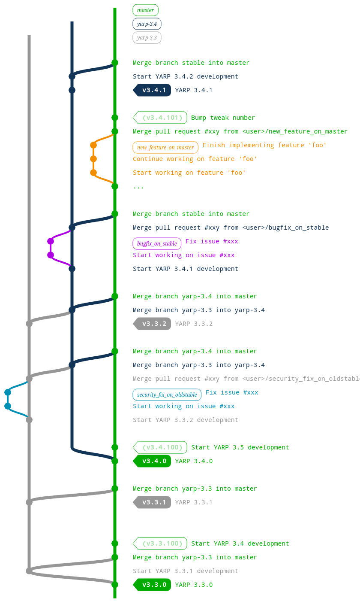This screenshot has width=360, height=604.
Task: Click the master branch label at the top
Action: pos(145,10)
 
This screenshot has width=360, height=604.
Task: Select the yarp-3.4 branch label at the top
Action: pos(147,24)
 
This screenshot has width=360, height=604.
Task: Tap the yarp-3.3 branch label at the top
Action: pos(147,37)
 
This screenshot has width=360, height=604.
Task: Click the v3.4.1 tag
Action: pos(153,90)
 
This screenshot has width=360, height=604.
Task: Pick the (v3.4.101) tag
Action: pos(160,118)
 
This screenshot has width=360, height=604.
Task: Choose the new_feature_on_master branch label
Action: pos(165,147)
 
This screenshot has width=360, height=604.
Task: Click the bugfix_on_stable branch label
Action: pos(157,243)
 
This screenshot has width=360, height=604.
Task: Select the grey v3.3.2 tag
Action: pos(153,324)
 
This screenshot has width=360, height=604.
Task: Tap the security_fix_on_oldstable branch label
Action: pos(167,395)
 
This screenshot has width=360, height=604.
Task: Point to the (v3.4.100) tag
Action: pos(160,447)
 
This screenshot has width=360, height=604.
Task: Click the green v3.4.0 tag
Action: pos(153,461)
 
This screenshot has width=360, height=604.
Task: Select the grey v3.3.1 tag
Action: pos(153,502)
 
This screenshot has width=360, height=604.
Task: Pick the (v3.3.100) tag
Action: pos(160,543)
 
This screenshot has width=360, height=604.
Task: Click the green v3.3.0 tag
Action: pos(153,585)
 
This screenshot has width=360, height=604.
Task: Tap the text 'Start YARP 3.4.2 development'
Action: pos(185,76)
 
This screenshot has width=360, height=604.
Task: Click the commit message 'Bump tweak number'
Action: pos(223,118)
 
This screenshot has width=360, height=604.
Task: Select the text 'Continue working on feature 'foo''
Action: pos(195,159)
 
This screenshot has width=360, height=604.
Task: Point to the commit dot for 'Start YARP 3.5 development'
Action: pos(115,447)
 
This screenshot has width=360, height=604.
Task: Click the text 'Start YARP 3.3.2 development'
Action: pos(185,420)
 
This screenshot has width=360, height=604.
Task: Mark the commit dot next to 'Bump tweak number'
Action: pos(115,118)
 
